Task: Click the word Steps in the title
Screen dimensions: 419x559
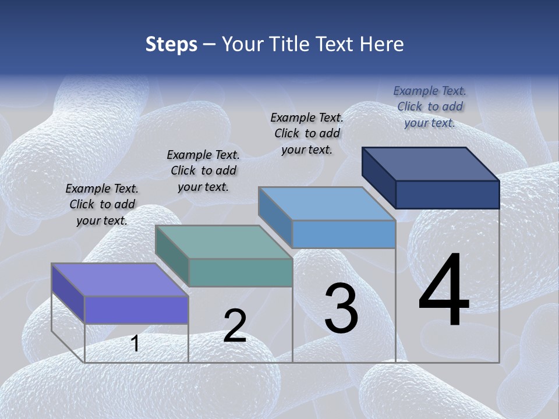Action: pos(171,44)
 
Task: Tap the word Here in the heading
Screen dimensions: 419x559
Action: pos(381,44)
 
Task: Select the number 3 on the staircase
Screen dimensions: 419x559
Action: pos(341,308)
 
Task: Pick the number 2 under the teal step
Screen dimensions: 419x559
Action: pos(235,325)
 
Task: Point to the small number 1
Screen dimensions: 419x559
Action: pos(135,343)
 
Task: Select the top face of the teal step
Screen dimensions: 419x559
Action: pos(224,242)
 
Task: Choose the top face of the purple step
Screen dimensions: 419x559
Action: pos(120,280)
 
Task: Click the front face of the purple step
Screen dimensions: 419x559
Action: pos(136,310)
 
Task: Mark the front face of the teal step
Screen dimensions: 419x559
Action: pos(240,272)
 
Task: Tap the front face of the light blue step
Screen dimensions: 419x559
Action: pos(344,235)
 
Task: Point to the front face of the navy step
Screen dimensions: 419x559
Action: pos(447,194)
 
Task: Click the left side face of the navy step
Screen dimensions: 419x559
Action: pos(378,176)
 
